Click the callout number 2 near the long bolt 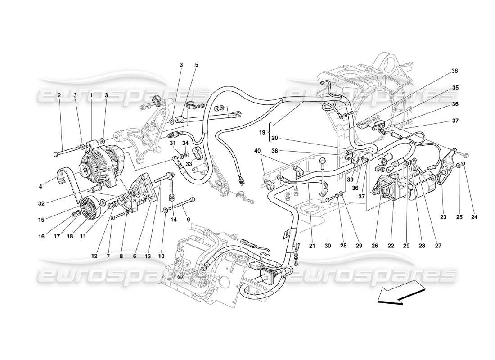click(59, 95)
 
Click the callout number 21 click(312, 246)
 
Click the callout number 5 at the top click(196, 65)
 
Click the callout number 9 click(189, 220)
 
